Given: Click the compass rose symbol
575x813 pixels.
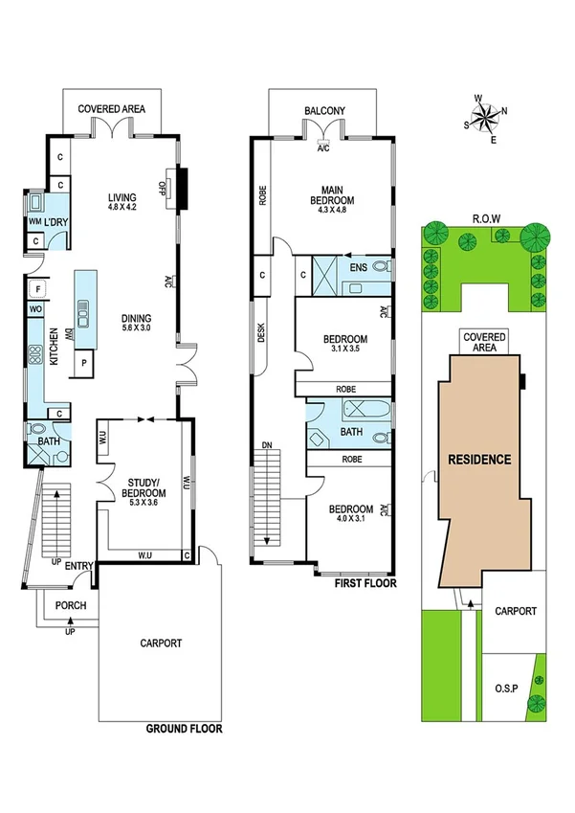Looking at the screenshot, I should click(488, 119).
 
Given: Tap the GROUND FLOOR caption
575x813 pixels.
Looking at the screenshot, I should click(184, 729).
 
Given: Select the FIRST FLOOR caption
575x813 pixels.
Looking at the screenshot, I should click(365, 581).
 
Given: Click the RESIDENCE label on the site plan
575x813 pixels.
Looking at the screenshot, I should click(480, 459).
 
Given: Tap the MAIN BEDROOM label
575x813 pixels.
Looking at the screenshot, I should click(332, 194).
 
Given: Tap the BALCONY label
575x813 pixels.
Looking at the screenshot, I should click(324, 111).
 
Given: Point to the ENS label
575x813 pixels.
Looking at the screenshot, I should click(359, 268).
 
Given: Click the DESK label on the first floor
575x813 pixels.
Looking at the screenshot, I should click(260, 332).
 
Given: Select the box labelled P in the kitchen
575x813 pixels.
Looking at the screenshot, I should click(83, 364).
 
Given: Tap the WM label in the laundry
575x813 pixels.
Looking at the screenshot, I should click(33, 222).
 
